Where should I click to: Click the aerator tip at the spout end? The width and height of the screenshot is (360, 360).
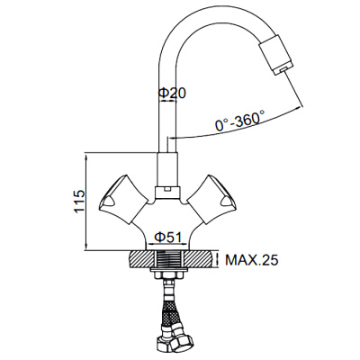pyautogui.click(x=280, y=62)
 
